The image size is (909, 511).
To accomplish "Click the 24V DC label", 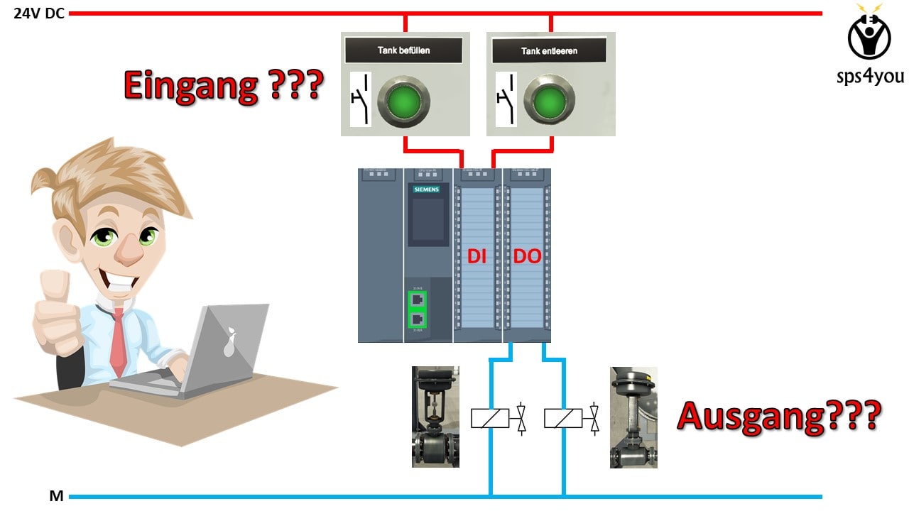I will point(39,13).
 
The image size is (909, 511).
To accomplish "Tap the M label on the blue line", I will point(57,496).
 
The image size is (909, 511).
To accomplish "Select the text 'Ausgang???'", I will point(778,416).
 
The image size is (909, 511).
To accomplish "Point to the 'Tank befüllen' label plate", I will point(403,50).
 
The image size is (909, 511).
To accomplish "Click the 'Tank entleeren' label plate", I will point(549,50).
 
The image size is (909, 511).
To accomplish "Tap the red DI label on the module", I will point(477,258).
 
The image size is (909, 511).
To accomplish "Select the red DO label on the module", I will point(527,258).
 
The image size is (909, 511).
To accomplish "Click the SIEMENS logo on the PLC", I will point(427,189).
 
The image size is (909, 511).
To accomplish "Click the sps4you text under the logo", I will point(870,76).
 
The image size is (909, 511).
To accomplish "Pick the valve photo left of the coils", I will point(435,417).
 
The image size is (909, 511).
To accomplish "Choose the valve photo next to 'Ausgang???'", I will point(633,417).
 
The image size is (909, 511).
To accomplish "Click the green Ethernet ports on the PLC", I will point(418,309).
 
